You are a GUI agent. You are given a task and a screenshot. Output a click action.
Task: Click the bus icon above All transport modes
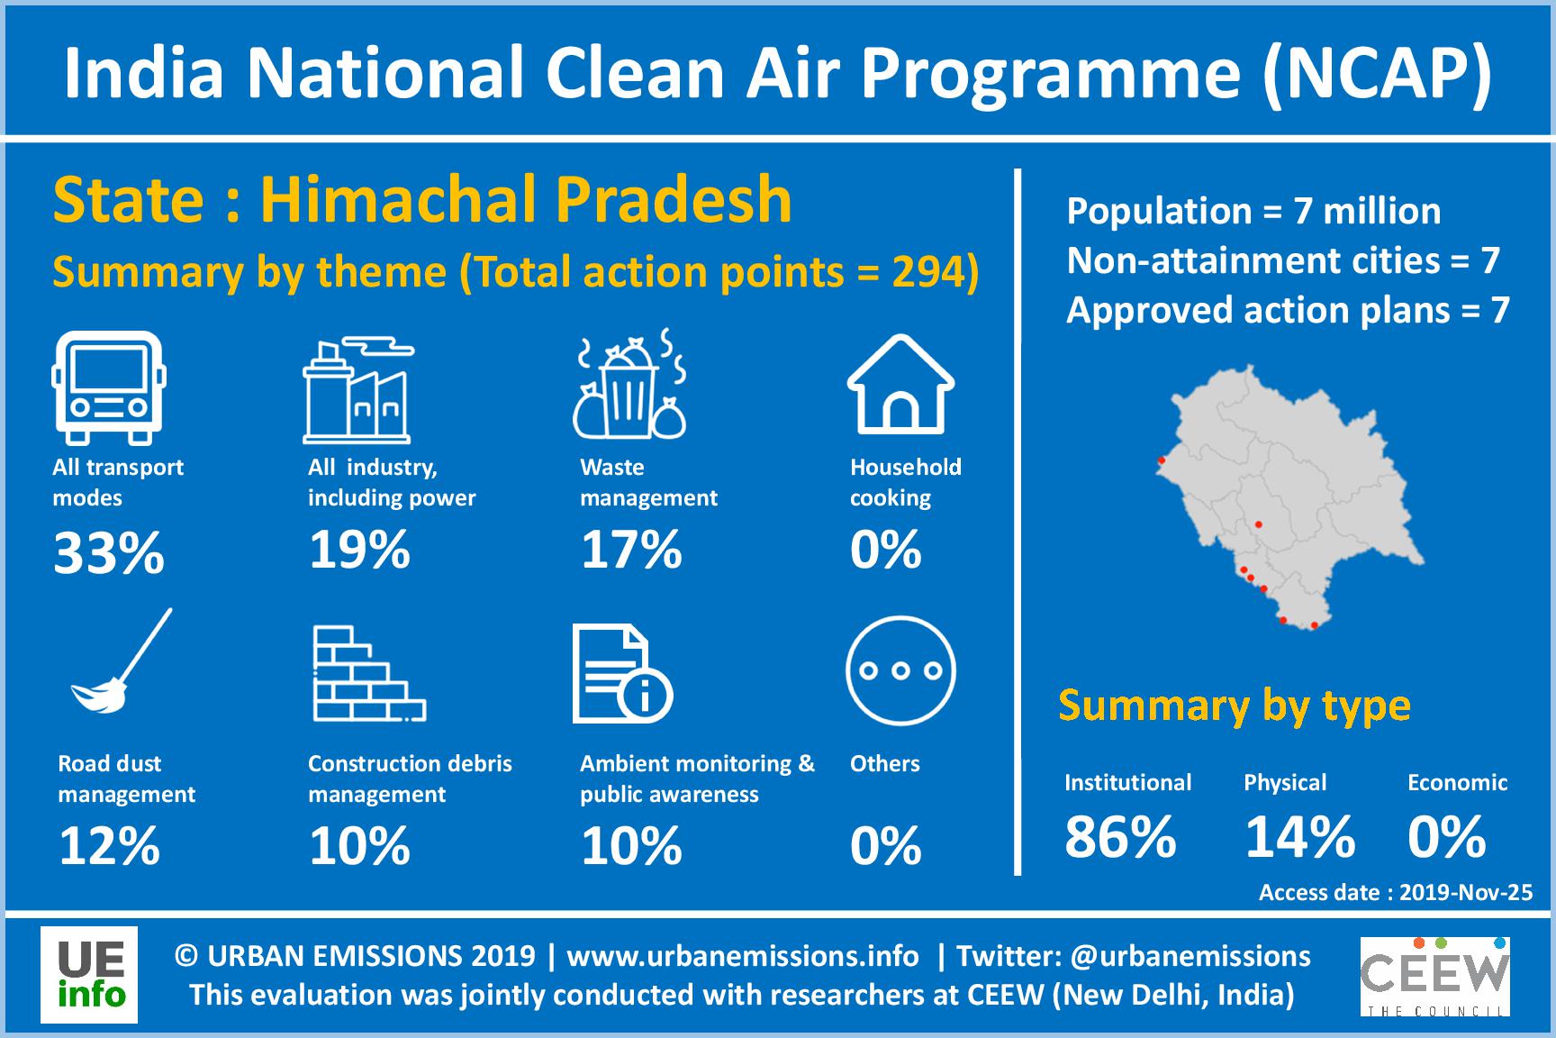pyautogui.click(x=109, y=387)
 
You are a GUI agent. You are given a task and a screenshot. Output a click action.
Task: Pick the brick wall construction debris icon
pyautogui.click(x=367, y=674)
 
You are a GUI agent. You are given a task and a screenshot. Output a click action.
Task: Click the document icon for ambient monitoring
pyautogui.click(x=621, y=676)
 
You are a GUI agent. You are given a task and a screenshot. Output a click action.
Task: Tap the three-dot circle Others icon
pyautogui.click(x=900, y=670)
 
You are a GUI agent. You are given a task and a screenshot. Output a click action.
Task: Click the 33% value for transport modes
pyautogui.click(x=109, y=551)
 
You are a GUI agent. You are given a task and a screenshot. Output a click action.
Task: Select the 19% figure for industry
pyautogui.click(x=359, y=548)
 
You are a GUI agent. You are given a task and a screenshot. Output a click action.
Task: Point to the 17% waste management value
pyautogui.click(x=630, y=548)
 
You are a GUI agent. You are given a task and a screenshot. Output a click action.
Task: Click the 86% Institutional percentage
pyautogui.click(x=1120, y=836)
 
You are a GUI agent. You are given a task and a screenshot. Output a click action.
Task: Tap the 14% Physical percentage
pyautogui.click(x=1299, y=836)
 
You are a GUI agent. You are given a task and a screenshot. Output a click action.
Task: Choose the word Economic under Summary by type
pyautogui.click(x=1457, y=782)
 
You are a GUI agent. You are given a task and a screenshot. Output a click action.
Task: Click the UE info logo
pyautogui.click(x=89, y=975)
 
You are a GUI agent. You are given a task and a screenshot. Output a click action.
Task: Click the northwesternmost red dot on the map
pyautogui.click(x=1162, y=460)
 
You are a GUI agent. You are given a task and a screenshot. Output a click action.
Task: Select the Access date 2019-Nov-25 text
pyautogui.click(x=1395, y=892)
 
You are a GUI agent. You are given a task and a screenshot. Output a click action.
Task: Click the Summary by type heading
pyautogui.click(x=1234, y=706)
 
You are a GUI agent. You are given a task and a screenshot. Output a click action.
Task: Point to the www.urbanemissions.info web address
pyautogui.click(x=742, y=956)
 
